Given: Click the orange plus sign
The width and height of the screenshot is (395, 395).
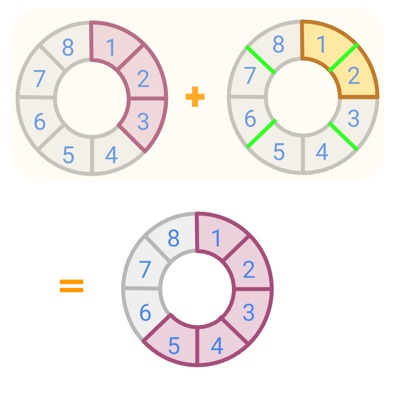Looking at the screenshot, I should [195, 97].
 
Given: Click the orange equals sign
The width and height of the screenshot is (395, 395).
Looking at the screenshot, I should [72, 286].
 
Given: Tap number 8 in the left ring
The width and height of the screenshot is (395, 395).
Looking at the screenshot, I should [68, 48].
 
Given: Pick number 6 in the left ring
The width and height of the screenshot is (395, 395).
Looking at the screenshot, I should [39, 121].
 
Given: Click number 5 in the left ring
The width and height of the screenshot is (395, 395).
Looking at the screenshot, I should [68, 155].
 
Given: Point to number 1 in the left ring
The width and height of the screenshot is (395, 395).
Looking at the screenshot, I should [111, 47].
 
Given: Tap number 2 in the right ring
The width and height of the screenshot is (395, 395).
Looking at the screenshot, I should [354, 76].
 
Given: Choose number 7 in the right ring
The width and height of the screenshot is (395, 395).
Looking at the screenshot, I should [250, 76].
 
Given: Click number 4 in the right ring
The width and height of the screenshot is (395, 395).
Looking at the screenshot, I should [322, 152].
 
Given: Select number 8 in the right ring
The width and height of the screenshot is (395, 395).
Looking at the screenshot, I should [279, 45].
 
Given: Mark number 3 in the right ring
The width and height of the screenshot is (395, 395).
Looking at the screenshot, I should [353, 119].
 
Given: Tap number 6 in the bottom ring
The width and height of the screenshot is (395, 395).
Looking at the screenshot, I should [145, 313].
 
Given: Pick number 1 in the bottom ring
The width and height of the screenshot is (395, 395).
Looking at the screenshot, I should [216, 239].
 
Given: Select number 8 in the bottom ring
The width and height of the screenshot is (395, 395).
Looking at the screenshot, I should [173, 238].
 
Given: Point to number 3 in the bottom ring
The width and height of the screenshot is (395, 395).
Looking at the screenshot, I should [248, 312].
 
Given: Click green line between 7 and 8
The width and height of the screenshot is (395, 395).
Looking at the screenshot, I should [260, 60].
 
